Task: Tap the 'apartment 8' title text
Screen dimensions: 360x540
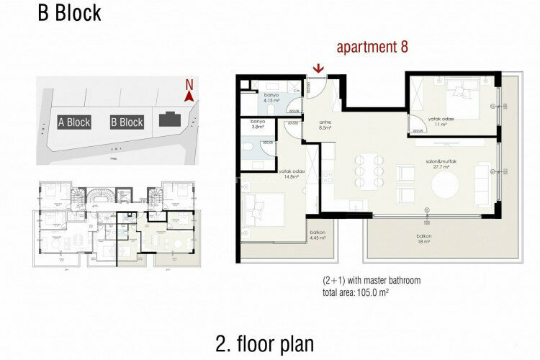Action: click(372, 48)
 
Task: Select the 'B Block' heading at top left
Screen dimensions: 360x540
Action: click(69, 13)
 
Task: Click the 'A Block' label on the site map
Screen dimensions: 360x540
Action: click(74, 122)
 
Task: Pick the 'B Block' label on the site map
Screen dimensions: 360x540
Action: click(127, 122)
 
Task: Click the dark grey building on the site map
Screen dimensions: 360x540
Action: click(170, 120)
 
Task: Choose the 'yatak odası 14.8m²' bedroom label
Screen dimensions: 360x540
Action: click(291, 174)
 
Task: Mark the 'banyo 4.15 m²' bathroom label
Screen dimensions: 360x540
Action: click(271, 98)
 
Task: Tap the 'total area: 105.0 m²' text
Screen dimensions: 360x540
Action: click(366, 292)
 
